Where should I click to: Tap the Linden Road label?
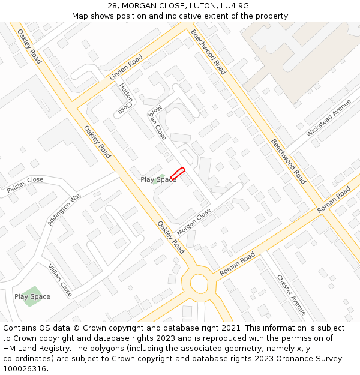pyautogui.click(x=125, y=70)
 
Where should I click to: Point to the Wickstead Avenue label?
pyautogui.click(x=329, y=118)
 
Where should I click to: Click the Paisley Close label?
pyautogui.click(x=25, y=184)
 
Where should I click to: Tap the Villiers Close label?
pyautogui.click(x=60, y=280)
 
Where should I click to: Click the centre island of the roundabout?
pyautogui.click(x=198, y=281)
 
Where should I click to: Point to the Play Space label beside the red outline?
pyautogui.click(x=158, y=179)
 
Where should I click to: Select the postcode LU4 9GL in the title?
pyautogui.click(x=238, y=6)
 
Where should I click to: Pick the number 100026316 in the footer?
pyautogui.click(x=25, y=368)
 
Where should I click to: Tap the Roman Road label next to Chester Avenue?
pyautogui.click(x=238, y=265)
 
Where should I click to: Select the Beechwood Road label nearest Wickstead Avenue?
pyautogui.click(x=288, y=161)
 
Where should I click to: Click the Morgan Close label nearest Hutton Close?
pyautogui.click(x=157, y=123)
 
